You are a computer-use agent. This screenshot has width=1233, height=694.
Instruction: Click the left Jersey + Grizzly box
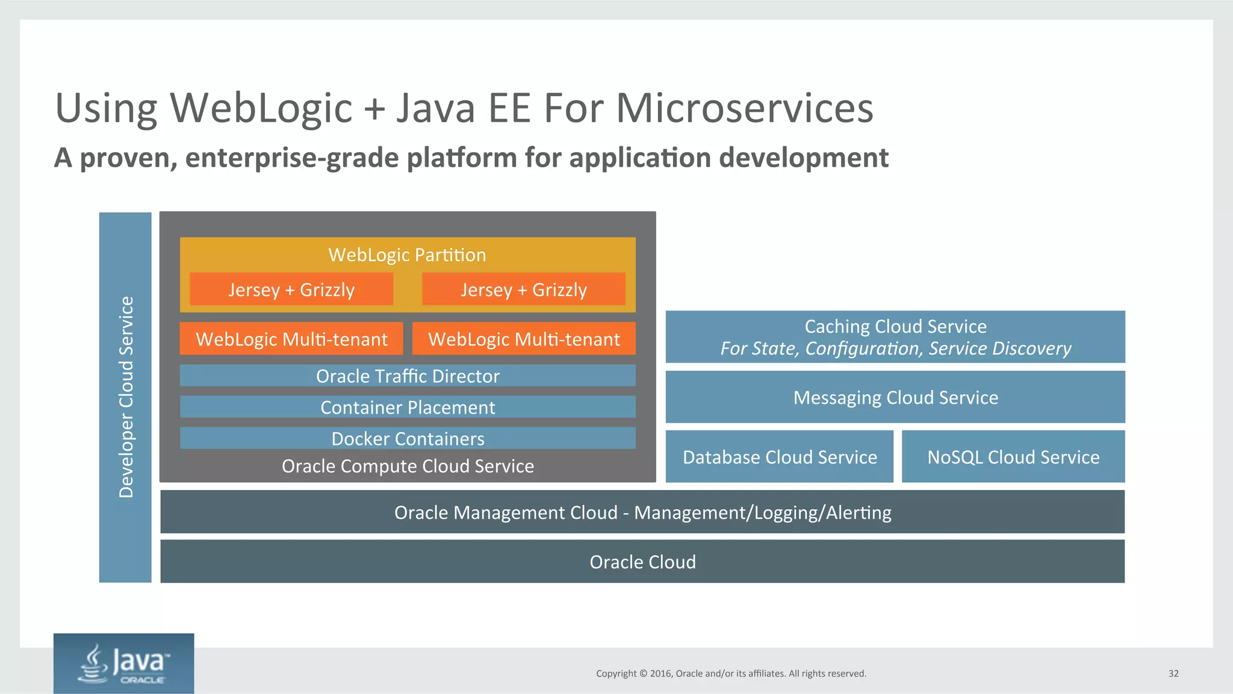[291, 290]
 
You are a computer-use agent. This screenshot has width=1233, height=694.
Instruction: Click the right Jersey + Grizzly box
[523, 290]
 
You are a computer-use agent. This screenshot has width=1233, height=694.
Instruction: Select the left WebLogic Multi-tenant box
[291, 339]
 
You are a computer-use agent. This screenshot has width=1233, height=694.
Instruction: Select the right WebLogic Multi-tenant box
[524, 339]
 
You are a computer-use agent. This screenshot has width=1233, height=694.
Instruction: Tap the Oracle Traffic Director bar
[408, 376]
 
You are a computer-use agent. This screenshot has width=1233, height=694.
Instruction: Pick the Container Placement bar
[408, 407]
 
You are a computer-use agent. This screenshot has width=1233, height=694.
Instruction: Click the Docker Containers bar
[408, 438]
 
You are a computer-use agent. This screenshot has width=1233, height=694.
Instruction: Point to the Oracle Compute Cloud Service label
[408, 466]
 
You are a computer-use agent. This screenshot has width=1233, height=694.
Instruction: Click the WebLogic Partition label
[407, 255]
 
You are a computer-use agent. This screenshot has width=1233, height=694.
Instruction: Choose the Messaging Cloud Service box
[895, 397]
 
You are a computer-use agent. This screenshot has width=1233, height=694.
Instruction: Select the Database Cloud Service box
[780, 457]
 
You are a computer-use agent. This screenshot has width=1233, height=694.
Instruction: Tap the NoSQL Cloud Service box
[1013, 457]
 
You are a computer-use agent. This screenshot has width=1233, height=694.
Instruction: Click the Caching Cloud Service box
[895, 337]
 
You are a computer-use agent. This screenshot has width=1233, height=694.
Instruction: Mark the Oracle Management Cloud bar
[642, 512]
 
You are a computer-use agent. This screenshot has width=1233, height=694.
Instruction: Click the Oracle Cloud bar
[642, 562]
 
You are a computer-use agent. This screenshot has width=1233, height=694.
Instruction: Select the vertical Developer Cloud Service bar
[125, 397]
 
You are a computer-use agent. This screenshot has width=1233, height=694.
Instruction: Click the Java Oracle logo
[124, 663]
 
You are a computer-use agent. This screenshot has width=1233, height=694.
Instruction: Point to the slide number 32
[1173, 674]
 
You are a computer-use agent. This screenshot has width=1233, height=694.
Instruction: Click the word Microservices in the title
[744, 108]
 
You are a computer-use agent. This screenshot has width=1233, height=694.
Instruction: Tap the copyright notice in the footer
[731, 674]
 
